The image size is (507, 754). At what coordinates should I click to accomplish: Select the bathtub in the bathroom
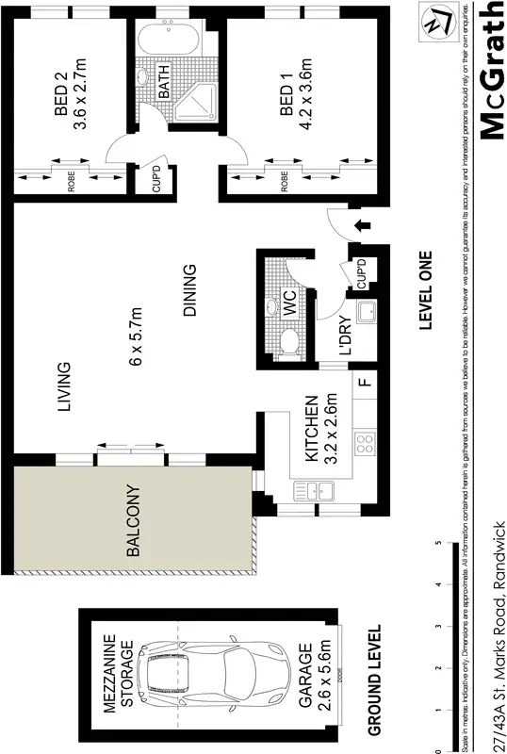tap(166, 42)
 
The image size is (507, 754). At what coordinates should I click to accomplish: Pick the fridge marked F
tap(362, 384)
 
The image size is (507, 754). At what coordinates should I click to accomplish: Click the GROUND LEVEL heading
tap(373, 680)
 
